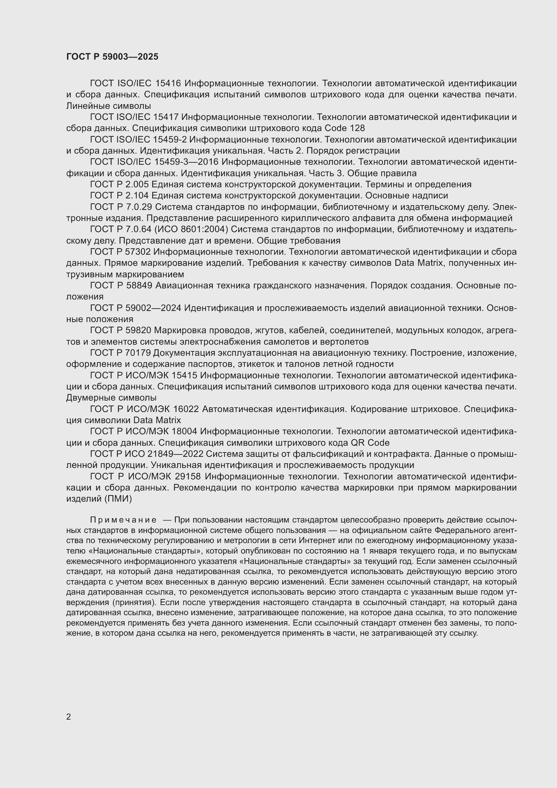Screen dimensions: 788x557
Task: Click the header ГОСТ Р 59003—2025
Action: [112, 57]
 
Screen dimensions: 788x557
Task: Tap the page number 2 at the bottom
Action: [69, 717]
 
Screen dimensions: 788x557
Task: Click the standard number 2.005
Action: [136, 184]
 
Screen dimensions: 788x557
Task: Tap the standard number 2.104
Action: [136, 196]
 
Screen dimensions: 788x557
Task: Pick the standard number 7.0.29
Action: [139, 207]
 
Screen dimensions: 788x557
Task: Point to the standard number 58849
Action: [139, 286]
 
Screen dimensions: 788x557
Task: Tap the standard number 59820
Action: [138, 330]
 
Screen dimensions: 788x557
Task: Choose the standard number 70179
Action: [137, 353]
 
